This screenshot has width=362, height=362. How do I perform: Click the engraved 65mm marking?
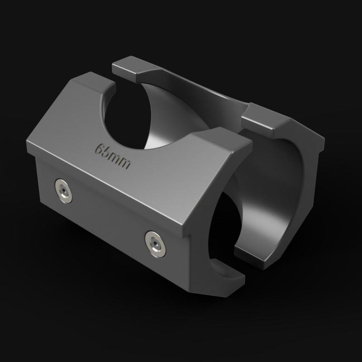tap(113, 156)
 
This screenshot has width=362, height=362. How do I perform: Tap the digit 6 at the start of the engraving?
tap(100, 149)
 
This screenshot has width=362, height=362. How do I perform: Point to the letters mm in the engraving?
tap(121, 161)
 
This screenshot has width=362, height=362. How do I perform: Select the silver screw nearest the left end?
tap(63, 191)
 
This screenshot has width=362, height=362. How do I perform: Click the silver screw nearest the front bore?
tap(155, 244)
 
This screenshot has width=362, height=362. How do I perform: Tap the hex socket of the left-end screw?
tap(63, 190)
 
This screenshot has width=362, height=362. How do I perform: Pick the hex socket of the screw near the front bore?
tap(155, 243)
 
